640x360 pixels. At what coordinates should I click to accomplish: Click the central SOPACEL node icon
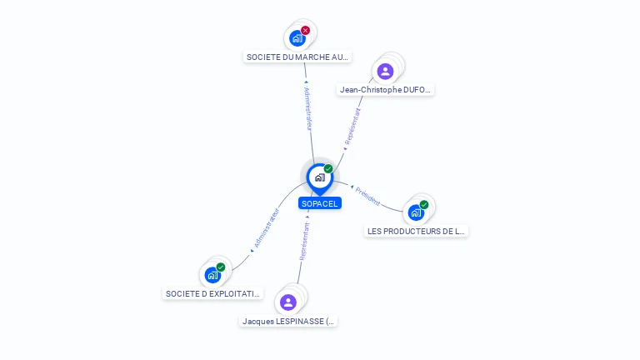319,177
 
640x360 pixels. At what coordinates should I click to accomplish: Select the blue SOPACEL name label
320,203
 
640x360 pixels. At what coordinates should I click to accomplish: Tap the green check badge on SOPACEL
328,169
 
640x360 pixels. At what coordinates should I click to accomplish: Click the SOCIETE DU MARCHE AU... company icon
297,37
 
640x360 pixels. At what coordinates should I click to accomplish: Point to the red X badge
305,30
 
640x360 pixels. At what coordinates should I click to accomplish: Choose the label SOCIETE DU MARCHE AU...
297,57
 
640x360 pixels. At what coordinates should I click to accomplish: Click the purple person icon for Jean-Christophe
385,71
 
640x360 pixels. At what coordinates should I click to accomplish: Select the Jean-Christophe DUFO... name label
386,90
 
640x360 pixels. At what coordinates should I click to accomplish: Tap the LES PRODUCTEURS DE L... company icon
416,212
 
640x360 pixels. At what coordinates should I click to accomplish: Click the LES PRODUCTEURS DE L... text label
417,232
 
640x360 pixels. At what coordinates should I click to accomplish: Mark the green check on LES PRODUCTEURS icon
424,205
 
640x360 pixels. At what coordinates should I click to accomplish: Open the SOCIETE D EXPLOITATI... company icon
213,275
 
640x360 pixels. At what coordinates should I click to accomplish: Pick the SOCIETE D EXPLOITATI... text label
213,294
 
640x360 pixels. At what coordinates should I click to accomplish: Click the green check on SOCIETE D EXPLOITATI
221,267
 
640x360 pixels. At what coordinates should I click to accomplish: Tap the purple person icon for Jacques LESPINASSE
288,302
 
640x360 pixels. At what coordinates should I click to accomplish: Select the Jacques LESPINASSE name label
288,321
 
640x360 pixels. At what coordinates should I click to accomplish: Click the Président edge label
367,196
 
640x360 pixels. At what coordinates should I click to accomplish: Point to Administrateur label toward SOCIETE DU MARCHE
307,108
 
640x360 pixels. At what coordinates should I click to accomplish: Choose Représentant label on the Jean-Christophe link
352,127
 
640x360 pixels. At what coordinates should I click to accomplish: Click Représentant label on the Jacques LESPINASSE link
304,242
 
